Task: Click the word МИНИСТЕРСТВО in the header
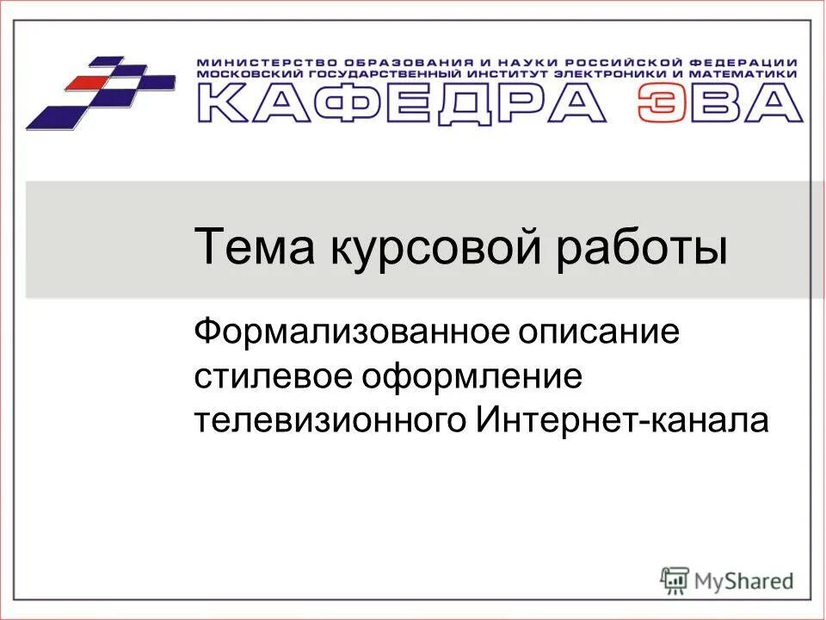click(268, 63)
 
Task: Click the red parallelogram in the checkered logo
click(88, 83)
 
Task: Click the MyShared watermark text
click(745, 581)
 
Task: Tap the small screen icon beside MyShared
click(675, 580)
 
